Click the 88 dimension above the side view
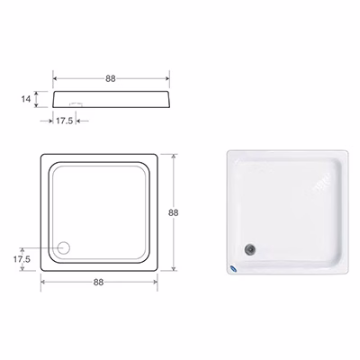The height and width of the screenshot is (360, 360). click(x=111, y=78)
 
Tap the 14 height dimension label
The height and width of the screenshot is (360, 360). click(x=26, y=99)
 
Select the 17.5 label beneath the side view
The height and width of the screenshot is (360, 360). click(x=65, y=121)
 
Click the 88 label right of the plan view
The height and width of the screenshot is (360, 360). click(x=173, y=212)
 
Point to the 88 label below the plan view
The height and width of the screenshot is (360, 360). click(x=98, y=283)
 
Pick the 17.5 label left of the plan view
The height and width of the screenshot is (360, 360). click(x=22, y=259)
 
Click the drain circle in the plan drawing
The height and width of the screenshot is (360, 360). click(x=64, y=247)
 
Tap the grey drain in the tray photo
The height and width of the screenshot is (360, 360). click(x=249, y=249)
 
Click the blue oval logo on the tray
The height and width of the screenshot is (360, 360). click(x=233, y=268)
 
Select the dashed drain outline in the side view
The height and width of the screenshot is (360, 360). click(x=76, y=104)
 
